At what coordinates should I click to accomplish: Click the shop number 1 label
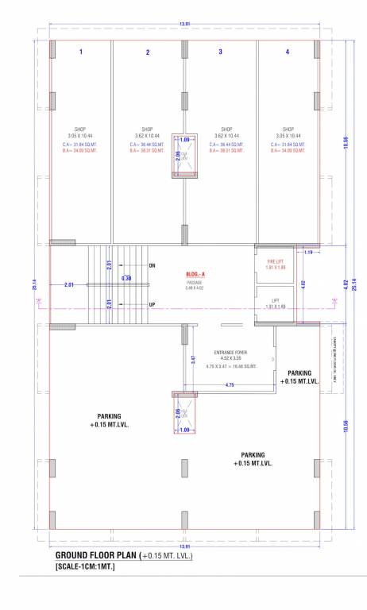(x=80, y=52)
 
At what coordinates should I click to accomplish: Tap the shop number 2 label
(x=147, y=52)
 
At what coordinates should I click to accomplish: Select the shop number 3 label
(x=220, y=52)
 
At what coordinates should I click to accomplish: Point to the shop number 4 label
(x=288, y=52)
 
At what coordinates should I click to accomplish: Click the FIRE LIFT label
(x=274, y=261)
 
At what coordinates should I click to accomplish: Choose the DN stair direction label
(x=153, y=264)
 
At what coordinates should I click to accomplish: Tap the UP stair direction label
(x=152, y=304)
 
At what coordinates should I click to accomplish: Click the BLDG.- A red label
(x=195, y=275)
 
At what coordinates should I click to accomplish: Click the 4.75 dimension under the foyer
(x=230, y=385)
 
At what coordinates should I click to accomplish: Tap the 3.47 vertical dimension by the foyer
(x=193, y=360)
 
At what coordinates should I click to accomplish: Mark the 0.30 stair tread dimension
(x=126, y=279)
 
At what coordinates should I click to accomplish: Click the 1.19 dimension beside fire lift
(x=308, y=253)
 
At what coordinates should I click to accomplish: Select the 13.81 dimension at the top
(x=184, y=25)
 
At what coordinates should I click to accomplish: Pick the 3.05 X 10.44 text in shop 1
(x=79, y=136)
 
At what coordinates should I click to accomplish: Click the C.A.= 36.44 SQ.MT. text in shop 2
(x=147, y=144)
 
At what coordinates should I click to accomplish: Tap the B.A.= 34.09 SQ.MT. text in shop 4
(x=288, y=150)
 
